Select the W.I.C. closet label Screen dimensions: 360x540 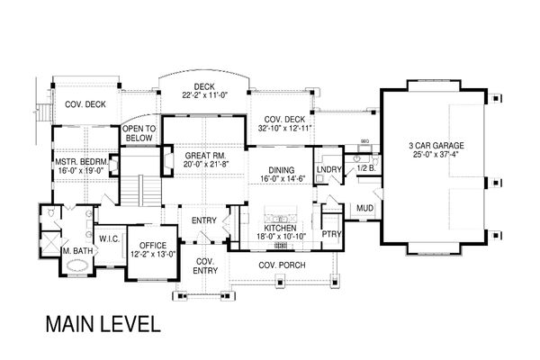click(110, 238)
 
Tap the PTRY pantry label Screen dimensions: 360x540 click(331, 231)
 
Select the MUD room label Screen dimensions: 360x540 click(364, 208)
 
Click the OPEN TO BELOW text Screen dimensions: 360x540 click(139, 134)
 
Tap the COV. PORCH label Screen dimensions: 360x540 click(279, 265)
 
